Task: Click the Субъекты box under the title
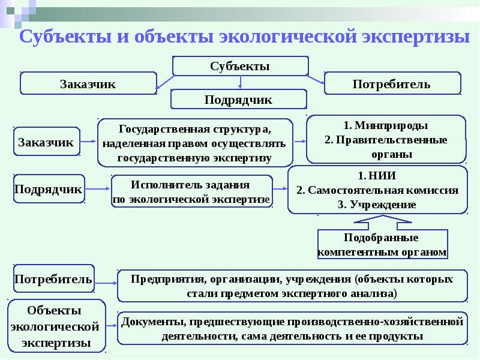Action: pyautogui.click(x=241, y=66)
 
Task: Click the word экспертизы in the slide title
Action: pyautogui.click(x=418, y=37)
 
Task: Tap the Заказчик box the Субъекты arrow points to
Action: pyautogui.click(x=88, y=84)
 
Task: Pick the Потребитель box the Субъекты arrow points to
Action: pyautogui.click(x=392, y=84)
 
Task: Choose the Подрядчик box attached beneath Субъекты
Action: pyautogui.click(x=239, y=100)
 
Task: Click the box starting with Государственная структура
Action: pyautogui.click(x=195, y=143)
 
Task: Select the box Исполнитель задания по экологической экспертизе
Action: pyautogui.click(x=191, y=191)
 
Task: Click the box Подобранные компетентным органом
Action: pyautogui.click(x=382, y=245)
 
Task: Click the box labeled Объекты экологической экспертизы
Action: pyautogui.click(x=55, y=327)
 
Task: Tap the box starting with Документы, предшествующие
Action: pyautogui.click(x=292, y=328)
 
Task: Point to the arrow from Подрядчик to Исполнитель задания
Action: pyautogui.click(x=98, y=190)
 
